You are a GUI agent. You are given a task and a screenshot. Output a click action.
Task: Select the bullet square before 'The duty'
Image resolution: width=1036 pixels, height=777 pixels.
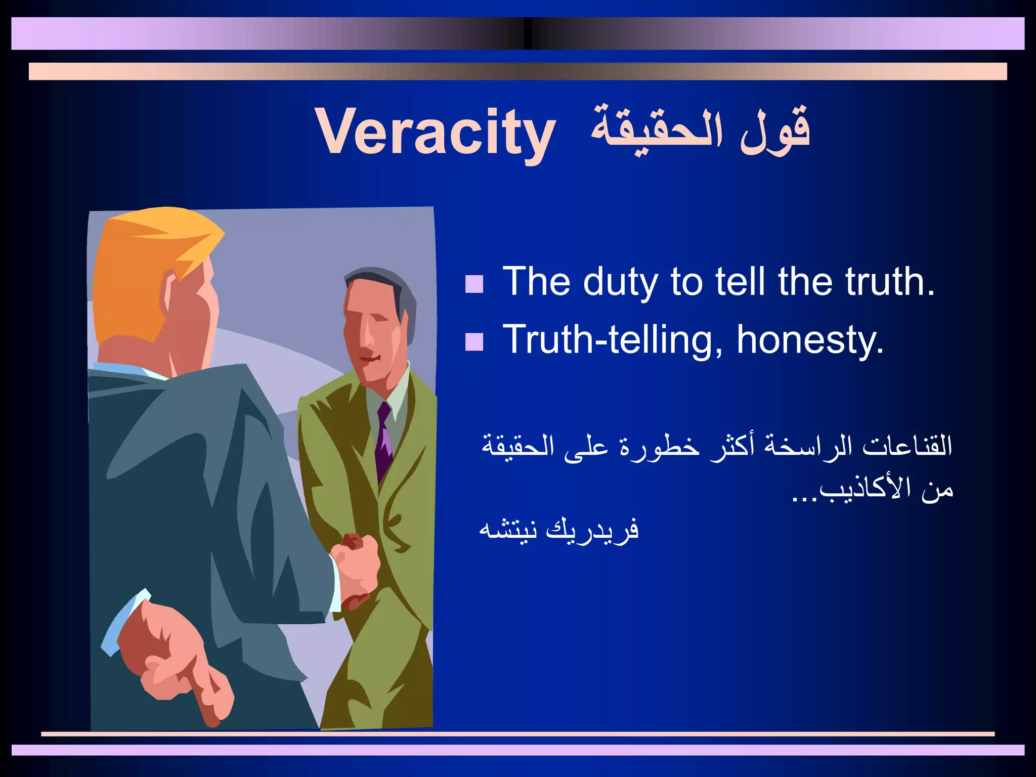(474, 284)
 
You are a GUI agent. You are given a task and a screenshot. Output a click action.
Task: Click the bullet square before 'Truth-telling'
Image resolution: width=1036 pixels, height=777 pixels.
(474, 342)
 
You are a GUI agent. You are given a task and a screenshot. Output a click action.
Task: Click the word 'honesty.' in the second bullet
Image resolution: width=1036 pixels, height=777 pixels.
(810, 340)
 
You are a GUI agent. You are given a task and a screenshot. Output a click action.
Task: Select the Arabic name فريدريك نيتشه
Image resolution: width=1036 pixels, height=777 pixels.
(559, 530)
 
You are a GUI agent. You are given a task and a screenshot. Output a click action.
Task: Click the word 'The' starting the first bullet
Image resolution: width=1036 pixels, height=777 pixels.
(536, 281)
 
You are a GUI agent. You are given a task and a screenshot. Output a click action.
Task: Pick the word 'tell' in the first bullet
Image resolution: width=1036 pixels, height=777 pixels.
(744, 281)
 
